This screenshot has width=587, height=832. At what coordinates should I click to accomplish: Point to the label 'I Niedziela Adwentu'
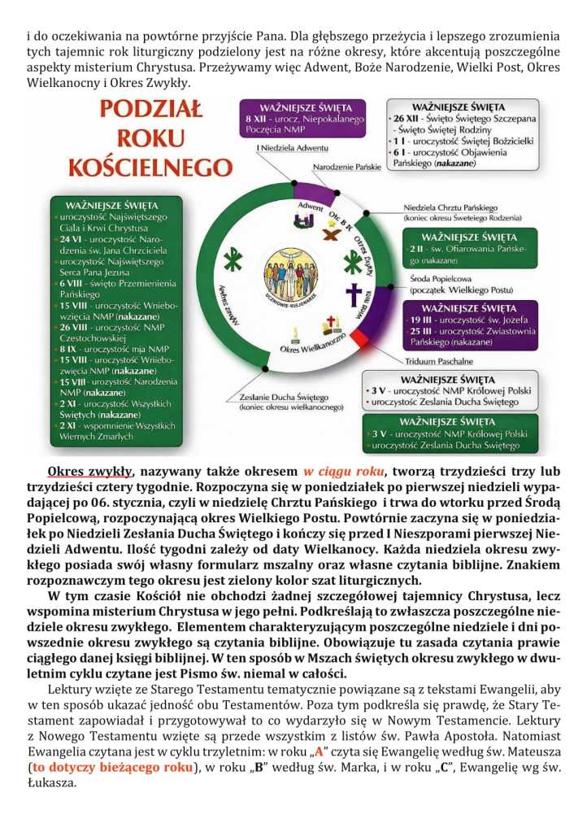[x=290, y=149]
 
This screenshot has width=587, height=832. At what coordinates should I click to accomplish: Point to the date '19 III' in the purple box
[x=424, y=320]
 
